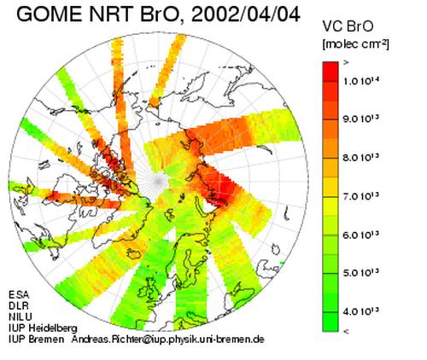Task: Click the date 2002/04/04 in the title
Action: pos(245,14)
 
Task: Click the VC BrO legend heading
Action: pos(348,26)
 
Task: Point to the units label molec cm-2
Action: pos(355,44)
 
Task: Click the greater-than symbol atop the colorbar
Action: pos(346,63)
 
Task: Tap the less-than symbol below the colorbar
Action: pos(346,331)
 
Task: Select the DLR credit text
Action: pos(19,305)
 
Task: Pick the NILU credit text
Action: pos(20,316)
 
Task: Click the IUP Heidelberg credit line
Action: pos(43,328)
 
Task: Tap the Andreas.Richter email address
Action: pos(167,340)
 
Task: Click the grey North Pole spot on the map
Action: pos(158,181)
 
